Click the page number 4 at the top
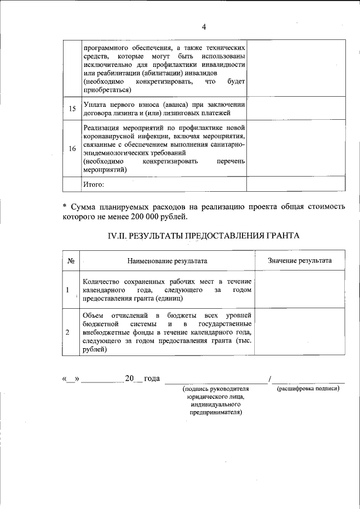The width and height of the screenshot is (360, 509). click(x=204, y=27)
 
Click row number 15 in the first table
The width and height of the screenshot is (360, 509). click(x=72, y=109)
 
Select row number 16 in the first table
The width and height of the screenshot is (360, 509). click(x=72, y=149)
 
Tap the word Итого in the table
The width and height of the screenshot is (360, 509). click(x=93, y=184)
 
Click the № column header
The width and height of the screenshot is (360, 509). click(x=71, y=260)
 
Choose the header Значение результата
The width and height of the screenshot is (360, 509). click(x=299, y=260)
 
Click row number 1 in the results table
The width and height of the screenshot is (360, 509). click(x=67, y=290)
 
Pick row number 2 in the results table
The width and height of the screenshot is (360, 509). click(x=67, y=332)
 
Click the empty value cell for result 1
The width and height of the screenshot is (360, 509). click(x=299, y=290)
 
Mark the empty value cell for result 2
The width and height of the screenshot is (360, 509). click(x=299, y=332)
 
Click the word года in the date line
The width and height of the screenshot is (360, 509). click(x=152, y=379)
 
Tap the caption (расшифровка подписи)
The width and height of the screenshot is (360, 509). click(x=308, y=389)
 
